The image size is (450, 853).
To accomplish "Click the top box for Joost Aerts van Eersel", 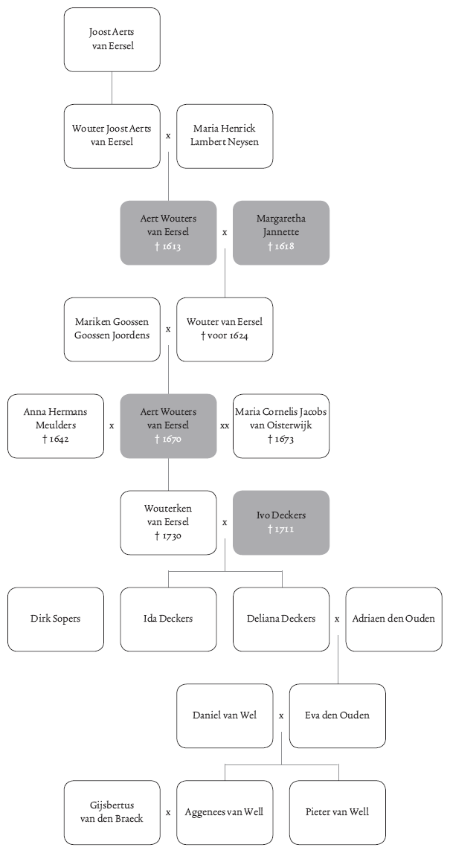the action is pos(112,39).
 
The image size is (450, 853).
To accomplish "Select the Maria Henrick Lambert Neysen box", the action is pos(225,136).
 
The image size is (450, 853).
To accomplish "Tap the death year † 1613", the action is pos(168,246).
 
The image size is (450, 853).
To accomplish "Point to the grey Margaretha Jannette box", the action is pos(281,233).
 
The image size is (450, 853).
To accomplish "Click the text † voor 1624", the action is pos(225,335).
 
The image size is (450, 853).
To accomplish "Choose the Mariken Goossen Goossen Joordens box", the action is pos(112,329).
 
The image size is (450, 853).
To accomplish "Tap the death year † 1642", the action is pos(56,440).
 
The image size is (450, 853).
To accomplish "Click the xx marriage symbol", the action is pos(225,426).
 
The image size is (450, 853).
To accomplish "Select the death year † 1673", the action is pos(281,440).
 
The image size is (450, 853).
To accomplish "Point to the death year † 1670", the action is pos(168,440).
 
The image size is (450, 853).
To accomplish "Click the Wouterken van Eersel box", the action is pos(168,523).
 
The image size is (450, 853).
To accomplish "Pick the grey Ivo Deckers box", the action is pos(281,523).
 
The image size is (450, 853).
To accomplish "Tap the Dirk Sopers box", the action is pos(56,619).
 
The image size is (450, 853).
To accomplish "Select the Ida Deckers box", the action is pos(168,619).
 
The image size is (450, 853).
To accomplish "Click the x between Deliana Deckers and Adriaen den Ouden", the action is pos(338,619).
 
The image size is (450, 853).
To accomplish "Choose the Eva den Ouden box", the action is pos(338,715).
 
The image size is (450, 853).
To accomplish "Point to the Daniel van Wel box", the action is pos(225,715).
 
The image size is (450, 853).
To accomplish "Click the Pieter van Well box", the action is pos(338,812).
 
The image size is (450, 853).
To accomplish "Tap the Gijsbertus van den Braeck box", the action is pos(112,812).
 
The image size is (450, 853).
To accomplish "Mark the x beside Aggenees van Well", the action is pos(168,812).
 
